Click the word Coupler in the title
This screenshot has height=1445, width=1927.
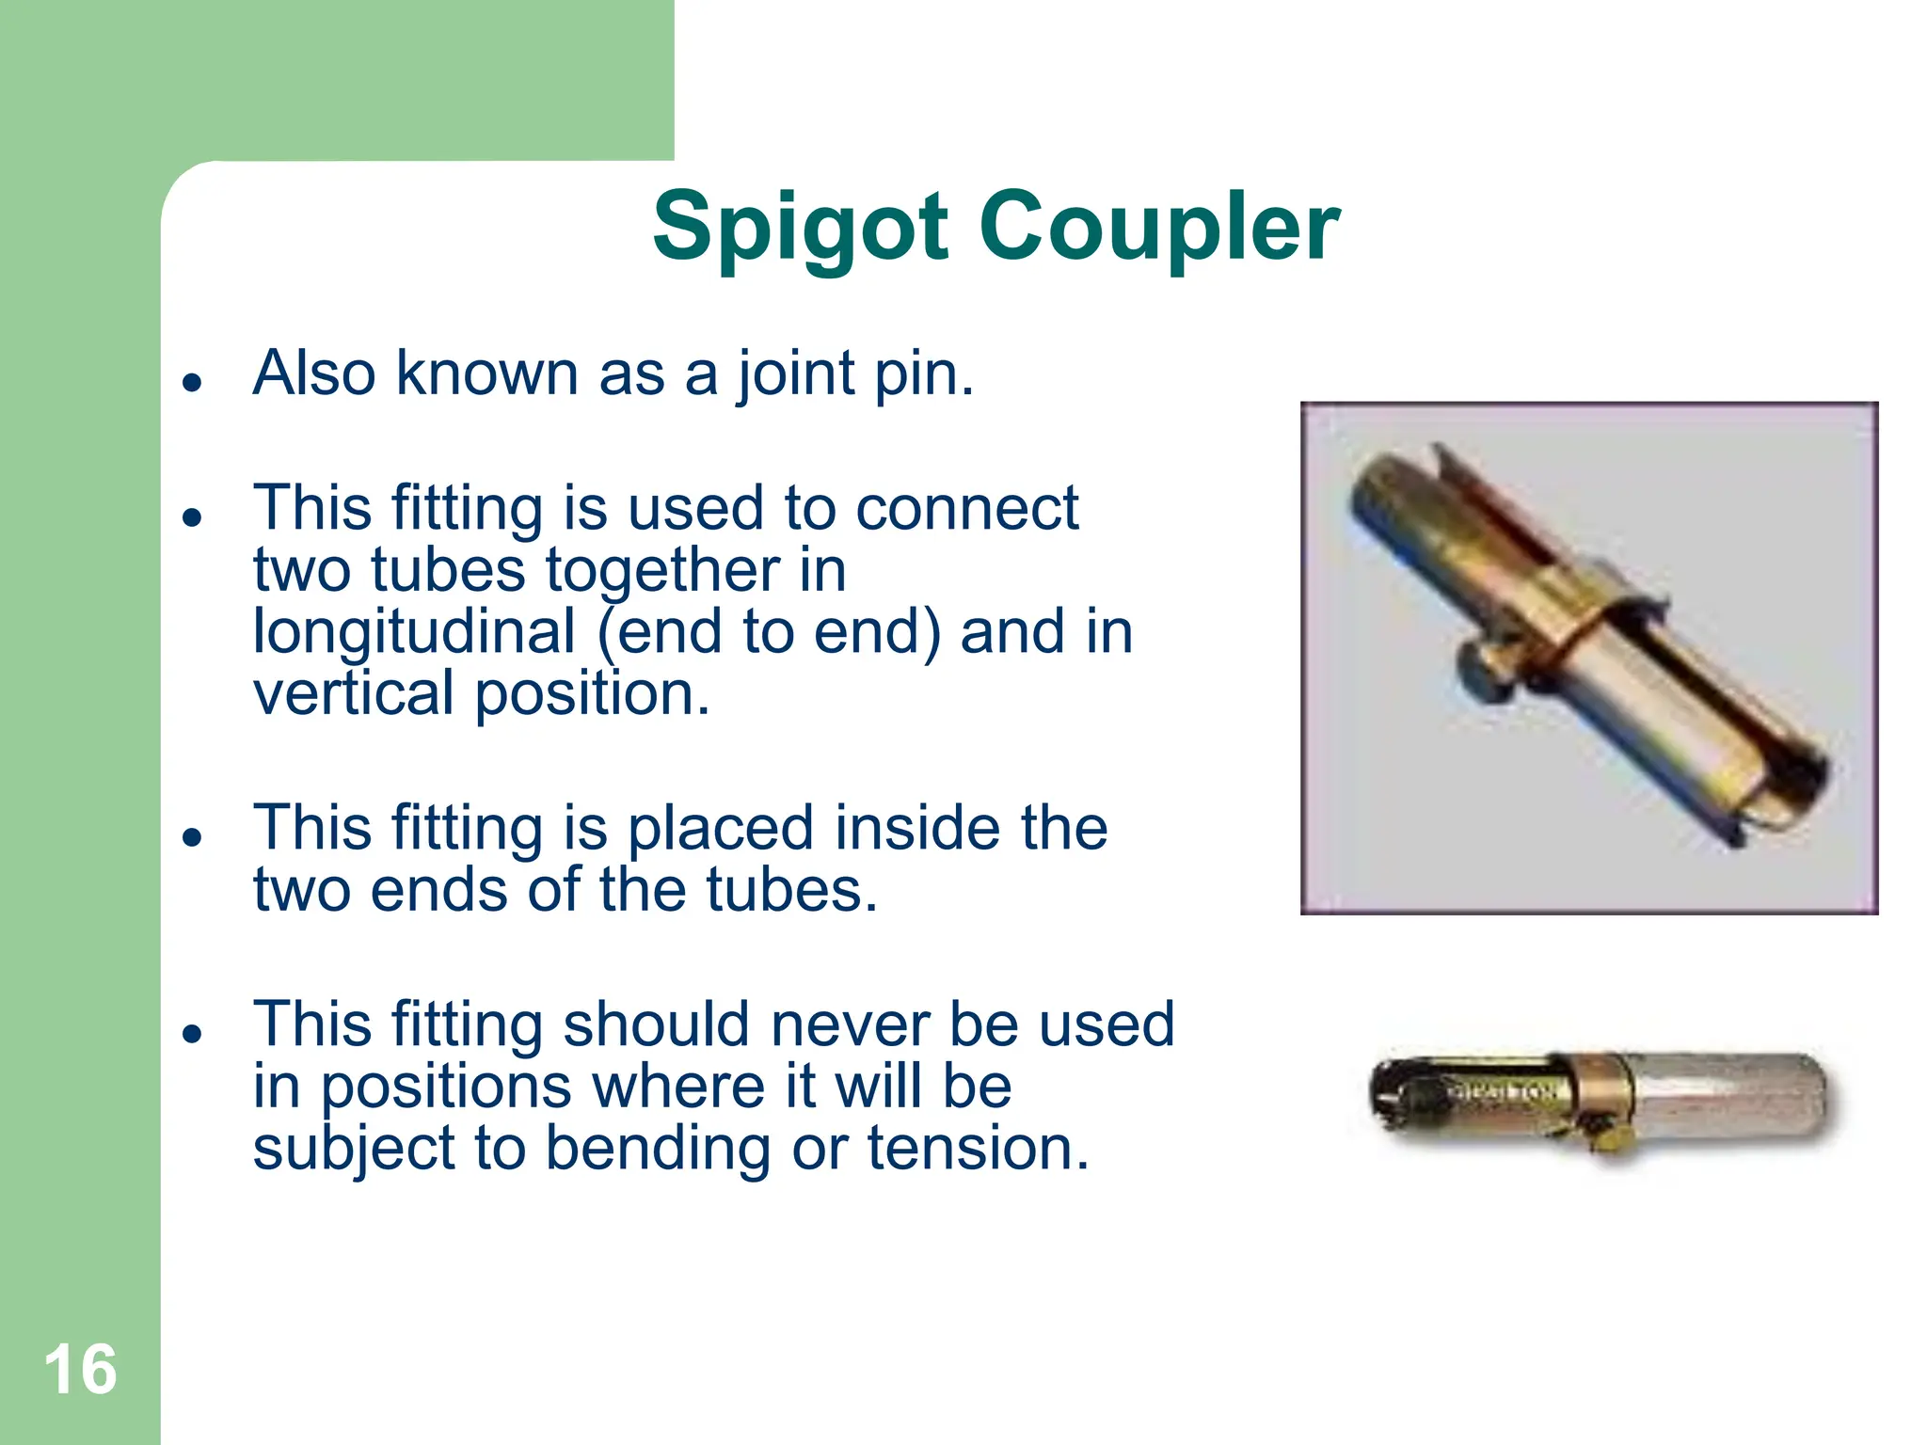(x=1159, y=228)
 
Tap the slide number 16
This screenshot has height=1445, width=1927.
(x=80, y=1370)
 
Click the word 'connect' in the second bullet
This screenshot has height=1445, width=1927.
(x=966, y=508)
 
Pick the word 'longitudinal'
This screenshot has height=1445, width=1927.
(x=414, y=631)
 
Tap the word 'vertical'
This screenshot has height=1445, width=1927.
(x=354, y=693)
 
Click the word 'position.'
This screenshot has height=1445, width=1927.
(x=592, y=693)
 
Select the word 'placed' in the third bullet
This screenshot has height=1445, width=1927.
(x=721, y=828)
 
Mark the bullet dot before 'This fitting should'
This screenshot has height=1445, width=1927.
(x=193, y=1033)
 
